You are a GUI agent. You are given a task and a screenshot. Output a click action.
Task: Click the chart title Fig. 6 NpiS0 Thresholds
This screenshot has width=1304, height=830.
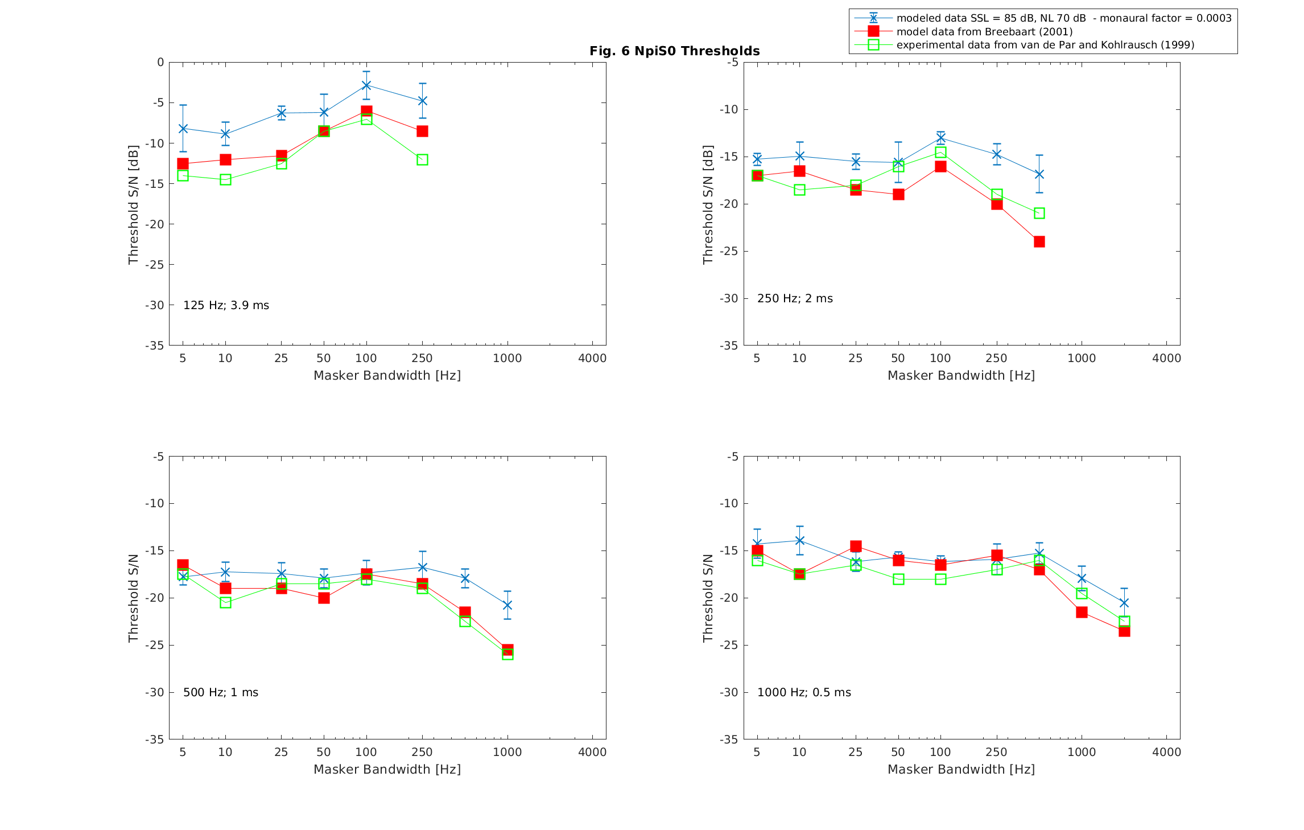coord(674,51)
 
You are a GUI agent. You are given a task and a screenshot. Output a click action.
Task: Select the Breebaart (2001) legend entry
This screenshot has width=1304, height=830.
coord(984,32)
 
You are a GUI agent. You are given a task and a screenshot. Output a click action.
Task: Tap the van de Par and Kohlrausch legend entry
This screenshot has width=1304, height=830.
coord(1045,45)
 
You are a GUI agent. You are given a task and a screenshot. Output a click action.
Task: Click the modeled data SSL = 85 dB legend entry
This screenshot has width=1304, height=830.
coord(1063,18)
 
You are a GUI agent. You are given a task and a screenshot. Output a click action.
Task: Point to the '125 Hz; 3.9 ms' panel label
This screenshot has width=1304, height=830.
coord(226,306)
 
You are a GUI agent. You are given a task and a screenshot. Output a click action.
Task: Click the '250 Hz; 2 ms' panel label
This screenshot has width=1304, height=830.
coord(794,299)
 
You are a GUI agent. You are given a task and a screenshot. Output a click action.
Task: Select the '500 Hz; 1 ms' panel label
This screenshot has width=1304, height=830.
coord(220,693)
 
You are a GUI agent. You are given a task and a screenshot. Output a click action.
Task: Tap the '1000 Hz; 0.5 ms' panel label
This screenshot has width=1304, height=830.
coord(803,693)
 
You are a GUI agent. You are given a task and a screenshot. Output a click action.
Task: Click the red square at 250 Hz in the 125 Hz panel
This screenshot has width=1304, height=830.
coord(422,132)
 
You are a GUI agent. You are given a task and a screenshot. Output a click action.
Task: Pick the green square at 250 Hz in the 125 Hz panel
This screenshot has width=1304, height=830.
coord(422,160)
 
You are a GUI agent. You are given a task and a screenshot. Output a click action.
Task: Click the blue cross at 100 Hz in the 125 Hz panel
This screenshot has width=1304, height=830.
coord(366,85)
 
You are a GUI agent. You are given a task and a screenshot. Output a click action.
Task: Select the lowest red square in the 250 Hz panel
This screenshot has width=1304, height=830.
coord(1039,242)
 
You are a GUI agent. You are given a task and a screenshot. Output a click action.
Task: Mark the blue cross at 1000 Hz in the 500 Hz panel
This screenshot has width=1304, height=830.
coord(507,605)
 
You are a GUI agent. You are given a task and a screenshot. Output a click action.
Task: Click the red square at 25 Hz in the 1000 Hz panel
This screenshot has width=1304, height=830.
coord(856,547)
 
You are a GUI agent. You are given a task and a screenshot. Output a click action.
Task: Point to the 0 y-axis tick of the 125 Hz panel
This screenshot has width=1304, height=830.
coord(160,62)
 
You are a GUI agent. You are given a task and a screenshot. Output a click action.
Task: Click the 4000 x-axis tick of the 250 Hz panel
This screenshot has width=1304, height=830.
coord(1166,359)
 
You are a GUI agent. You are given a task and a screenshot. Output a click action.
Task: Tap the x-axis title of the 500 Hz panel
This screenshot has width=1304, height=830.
coord(387,770)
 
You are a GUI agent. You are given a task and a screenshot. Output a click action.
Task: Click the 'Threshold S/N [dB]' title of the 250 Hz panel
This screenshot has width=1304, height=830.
coord(708,205)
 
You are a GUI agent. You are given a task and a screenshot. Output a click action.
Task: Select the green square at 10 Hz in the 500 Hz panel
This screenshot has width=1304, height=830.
coord(225,602)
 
